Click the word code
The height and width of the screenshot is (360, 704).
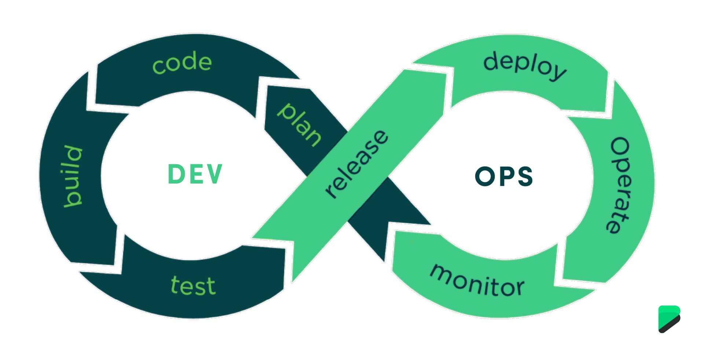coord(182,63)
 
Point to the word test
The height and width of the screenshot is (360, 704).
coord(193,286)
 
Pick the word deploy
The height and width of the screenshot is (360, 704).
coord(524,66)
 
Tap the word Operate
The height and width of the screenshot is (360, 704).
coord(620,185)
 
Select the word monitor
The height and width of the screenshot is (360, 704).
coord(477,280)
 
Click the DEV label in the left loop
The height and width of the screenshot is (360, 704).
coord(195,174)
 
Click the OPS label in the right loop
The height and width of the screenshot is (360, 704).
coord(503,176)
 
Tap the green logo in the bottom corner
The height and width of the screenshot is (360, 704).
coord(669,319)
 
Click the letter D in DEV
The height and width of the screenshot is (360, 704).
coord(175,174)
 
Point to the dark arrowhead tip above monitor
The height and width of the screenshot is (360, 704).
coord(429,224)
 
